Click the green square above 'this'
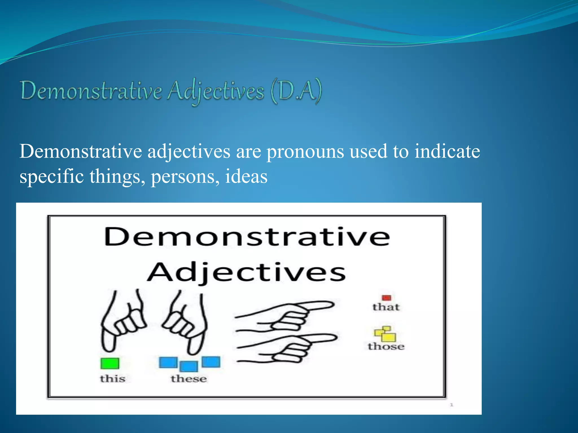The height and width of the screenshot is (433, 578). [110, 363]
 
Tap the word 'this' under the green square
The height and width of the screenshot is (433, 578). [113, 379]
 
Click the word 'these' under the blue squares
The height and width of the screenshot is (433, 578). [189, 379]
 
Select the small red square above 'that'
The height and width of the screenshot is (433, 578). [386, 298]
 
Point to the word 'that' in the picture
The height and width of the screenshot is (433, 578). [386, 307]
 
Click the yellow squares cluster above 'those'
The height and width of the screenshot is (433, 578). [385, 333]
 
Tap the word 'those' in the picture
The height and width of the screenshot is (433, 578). [386, 346]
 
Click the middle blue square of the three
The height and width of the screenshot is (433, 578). [189, 366]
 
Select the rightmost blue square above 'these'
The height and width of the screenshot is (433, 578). [211, 362]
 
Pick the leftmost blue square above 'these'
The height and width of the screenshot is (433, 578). [168, 363]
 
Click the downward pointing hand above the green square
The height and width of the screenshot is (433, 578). [123, 321]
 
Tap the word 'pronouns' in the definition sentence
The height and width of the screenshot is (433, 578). [305, 152]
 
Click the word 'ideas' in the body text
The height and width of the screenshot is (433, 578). [246, 177]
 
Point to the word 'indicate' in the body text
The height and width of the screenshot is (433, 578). [447, 152]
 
